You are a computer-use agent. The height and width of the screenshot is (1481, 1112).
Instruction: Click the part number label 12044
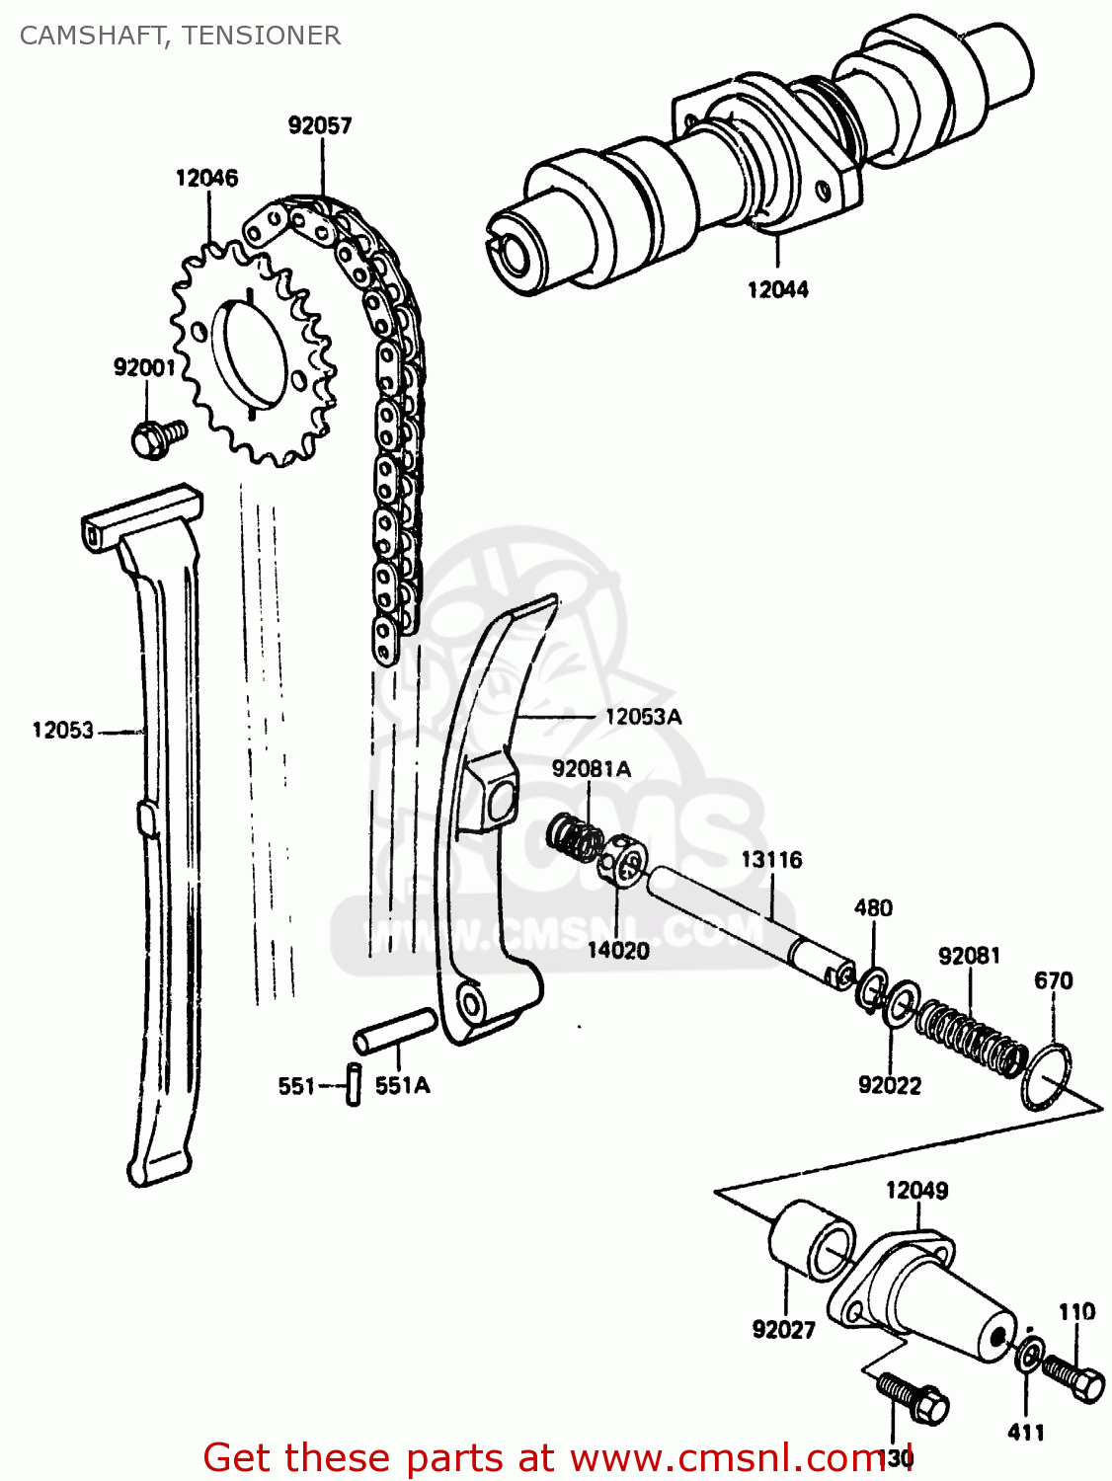(777, 289)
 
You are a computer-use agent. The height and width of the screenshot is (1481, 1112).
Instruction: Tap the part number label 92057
(320, 125)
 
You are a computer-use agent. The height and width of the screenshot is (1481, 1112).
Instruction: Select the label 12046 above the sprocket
(206, 178)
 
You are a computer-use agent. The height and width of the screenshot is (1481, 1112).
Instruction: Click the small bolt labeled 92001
(156, 437)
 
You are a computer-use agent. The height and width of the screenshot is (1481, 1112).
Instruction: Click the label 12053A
(643, 717)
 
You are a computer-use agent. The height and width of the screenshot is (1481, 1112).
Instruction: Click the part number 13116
(771, 860)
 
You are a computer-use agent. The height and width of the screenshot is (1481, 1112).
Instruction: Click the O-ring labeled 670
(1047, 1076)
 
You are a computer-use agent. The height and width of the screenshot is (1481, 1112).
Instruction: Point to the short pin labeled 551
(354, 1084)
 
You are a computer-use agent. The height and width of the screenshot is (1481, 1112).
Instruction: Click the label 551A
(403, 1085)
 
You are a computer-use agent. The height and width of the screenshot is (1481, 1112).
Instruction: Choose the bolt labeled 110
(1074, 1375)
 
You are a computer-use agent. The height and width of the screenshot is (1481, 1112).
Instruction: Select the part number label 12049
(916, 1190)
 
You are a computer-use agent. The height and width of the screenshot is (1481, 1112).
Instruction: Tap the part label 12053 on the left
(62, 731)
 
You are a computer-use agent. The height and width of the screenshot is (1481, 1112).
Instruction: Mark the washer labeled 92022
(899, 1004)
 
